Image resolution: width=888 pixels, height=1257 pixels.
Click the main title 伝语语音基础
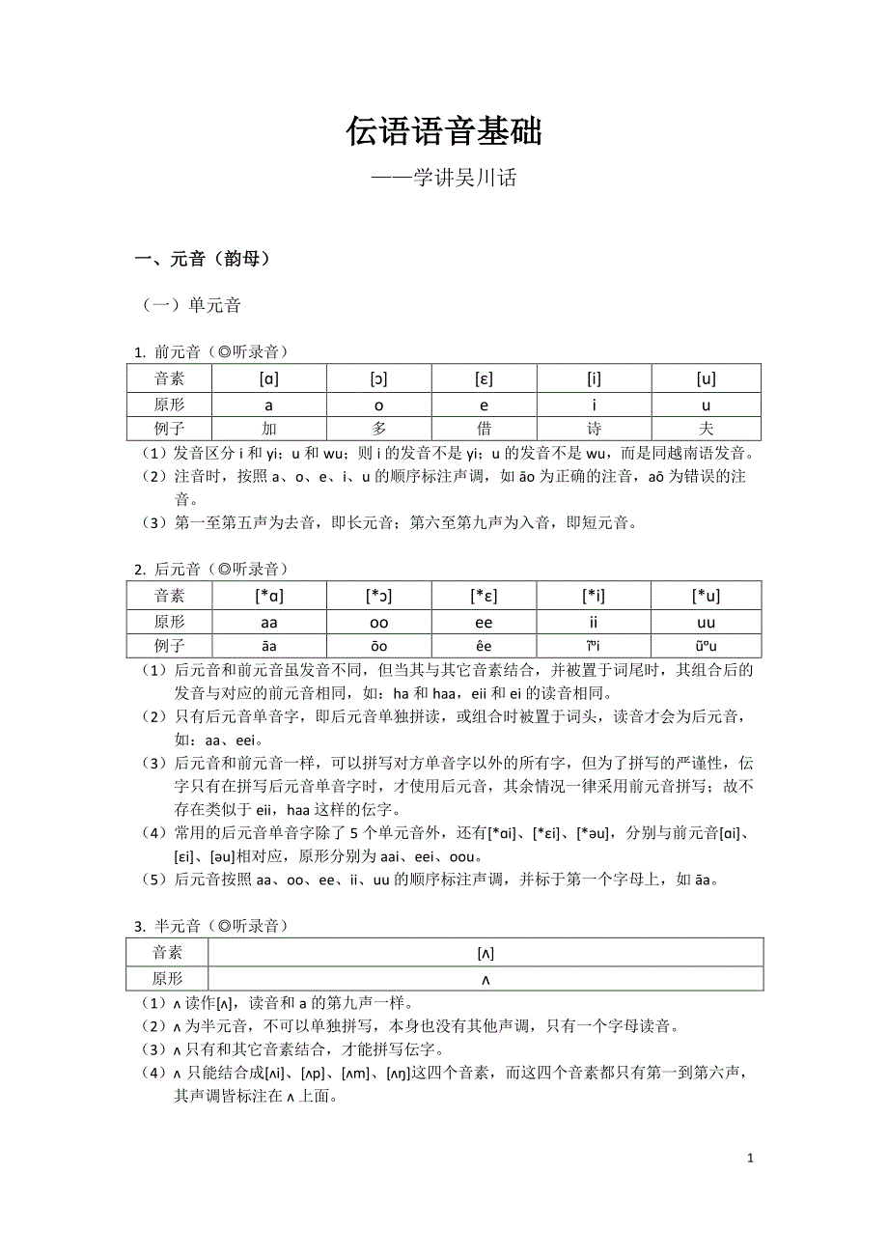444,131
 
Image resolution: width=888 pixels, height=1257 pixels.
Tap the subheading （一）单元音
191,306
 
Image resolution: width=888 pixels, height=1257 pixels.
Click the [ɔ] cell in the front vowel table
378,378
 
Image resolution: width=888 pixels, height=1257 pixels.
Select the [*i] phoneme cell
594,596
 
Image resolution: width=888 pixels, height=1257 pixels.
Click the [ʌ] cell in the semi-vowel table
486,953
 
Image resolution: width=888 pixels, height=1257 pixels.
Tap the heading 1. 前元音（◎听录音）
211,352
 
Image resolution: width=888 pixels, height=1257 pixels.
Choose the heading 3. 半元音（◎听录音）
211,926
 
